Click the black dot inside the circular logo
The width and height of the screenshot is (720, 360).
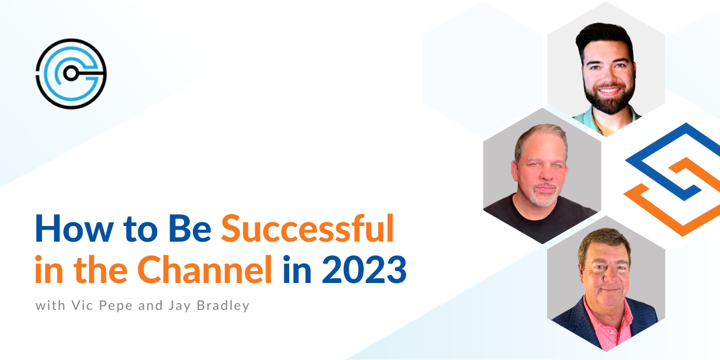[x=70, y=73]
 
